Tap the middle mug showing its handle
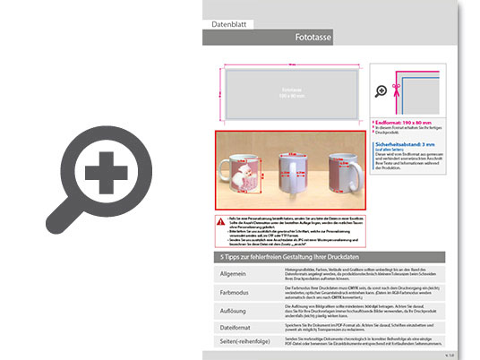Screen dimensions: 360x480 (x=292, y=169)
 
